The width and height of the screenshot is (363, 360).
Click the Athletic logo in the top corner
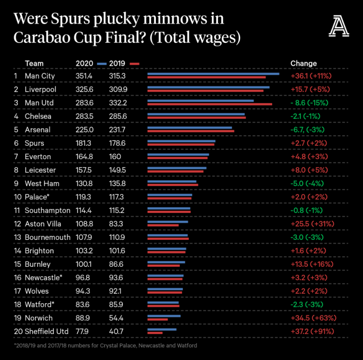point(338,27)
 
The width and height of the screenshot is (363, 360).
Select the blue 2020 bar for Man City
point(213,74)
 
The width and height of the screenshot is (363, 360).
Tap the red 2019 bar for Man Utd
point(210,104)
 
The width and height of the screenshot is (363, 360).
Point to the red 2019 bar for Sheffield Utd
point(155,333)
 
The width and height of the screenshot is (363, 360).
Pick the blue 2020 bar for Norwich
point(164,316)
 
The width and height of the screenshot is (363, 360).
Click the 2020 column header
point(84,63)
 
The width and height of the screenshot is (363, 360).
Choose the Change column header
point(304,63)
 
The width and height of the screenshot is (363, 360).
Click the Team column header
point(34,63)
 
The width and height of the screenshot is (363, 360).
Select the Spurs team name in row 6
point(34,143)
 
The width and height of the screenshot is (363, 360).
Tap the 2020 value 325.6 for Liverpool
point(84,89)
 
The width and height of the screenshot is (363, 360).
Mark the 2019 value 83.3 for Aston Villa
point(116,224)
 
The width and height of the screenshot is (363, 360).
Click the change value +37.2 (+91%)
point(312,331)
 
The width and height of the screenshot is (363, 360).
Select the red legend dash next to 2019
point(134,64)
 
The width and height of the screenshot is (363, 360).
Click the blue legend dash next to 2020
point(102,64)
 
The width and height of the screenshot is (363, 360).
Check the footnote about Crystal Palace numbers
point(106,346)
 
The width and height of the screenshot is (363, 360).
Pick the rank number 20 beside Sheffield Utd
point(17,331)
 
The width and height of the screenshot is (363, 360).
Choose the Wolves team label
point(37,291)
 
